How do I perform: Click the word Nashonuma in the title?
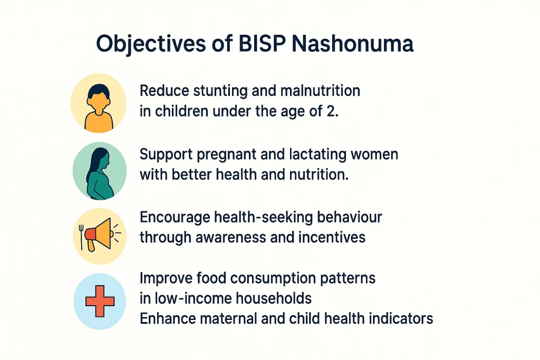tap(352, 45)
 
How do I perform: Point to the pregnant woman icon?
tap(99, 172)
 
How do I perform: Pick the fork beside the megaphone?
tap(82, 237)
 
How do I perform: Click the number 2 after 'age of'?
tap(331, 112)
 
